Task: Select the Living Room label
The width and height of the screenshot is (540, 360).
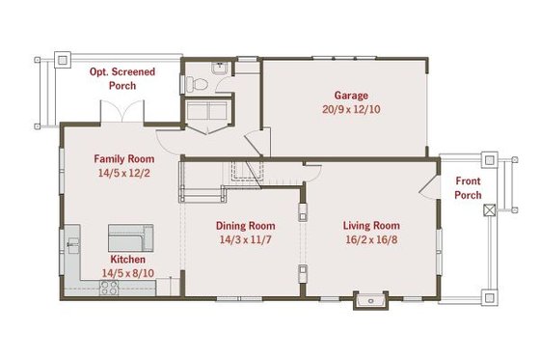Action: (371, 226)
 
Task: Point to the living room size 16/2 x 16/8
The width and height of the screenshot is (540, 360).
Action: (371, 239)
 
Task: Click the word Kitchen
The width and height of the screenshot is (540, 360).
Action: (127, 260)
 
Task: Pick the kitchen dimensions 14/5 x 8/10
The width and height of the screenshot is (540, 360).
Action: (127, 273)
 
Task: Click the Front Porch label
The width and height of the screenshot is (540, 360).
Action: (469, 188)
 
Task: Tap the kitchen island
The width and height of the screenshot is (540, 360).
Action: (129, 236)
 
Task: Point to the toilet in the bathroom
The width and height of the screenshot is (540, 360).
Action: (202, 85)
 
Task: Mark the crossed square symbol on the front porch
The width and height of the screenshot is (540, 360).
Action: (489, 208)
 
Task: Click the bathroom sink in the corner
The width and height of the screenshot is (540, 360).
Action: (220, 68)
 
